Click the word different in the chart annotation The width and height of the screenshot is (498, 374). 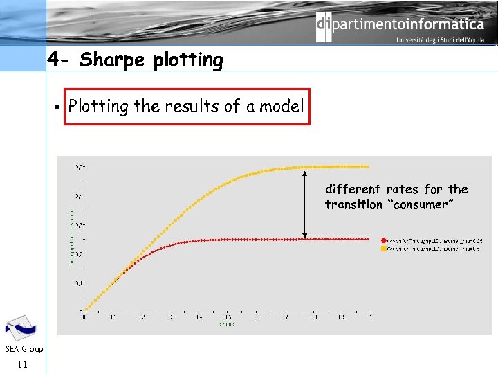(353, 189)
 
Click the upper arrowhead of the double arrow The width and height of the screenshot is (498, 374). (303, 170)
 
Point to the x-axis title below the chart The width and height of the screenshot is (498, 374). (225, 324)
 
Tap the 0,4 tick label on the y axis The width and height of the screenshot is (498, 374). (80, 196)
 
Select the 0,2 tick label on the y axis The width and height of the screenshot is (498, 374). (80, 254)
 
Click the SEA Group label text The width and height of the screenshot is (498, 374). (23, 349)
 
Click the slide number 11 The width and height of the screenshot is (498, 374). (22, 364)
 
